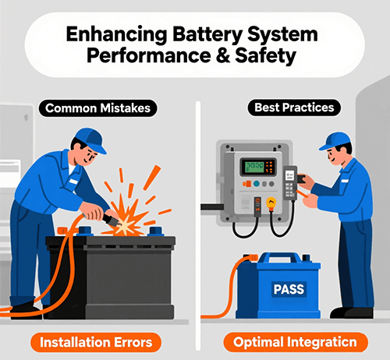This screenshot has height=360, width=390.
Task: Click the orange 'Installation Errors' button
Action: click(97, 341)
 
